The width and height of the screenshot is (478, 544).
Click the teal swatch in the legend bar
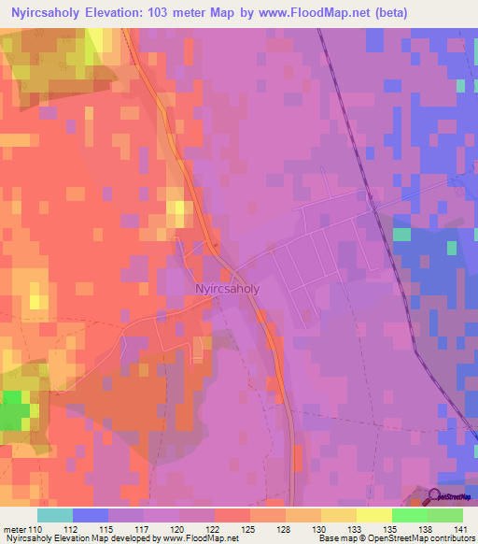[55, 515]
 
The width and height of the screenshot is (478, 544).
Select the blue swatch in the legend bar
[91, 515]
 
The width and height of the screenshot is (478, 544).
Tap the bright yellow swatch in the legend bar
[374, 515]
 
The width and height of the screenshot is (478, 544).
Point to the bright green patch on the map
[15, 408]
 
